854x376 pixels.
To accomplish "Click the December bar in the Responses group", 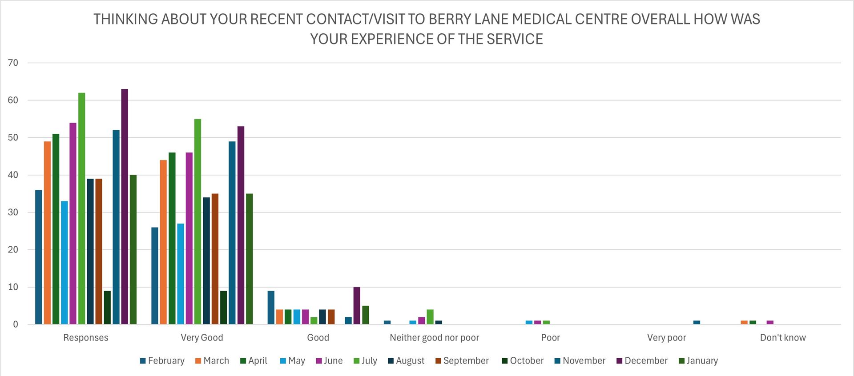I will (x=125, y=207).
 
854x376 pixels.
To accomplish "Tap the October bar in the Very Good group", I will (x=223, y=308).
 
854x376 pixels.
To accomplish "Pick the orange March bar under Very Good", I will (x=163, y=242).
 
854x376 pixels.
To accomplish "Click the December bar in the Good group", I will (x=357, y=306).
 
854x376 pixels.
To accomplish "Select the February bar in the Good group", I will (x=271, y=308).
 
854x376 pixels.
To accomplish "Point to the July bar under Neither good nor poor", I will (x=430, y=317).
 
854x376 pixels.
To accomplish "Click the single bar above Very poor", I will (x=697, y=322).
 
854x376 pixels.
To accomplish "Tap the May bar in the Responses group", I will (x=64, y=263).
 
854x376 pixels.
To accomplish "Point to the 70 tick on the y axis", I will (x=13, y=63).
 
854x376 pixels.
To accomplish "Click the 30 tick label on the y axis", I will (x=13, y=212).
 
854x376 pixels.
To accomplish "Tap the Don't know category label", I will (x=782, y=337).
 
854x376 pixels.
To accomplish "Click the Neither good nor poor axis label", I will (x=434, y=337).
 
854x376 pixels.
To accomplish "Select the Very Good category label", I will (x=201, y=337).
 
